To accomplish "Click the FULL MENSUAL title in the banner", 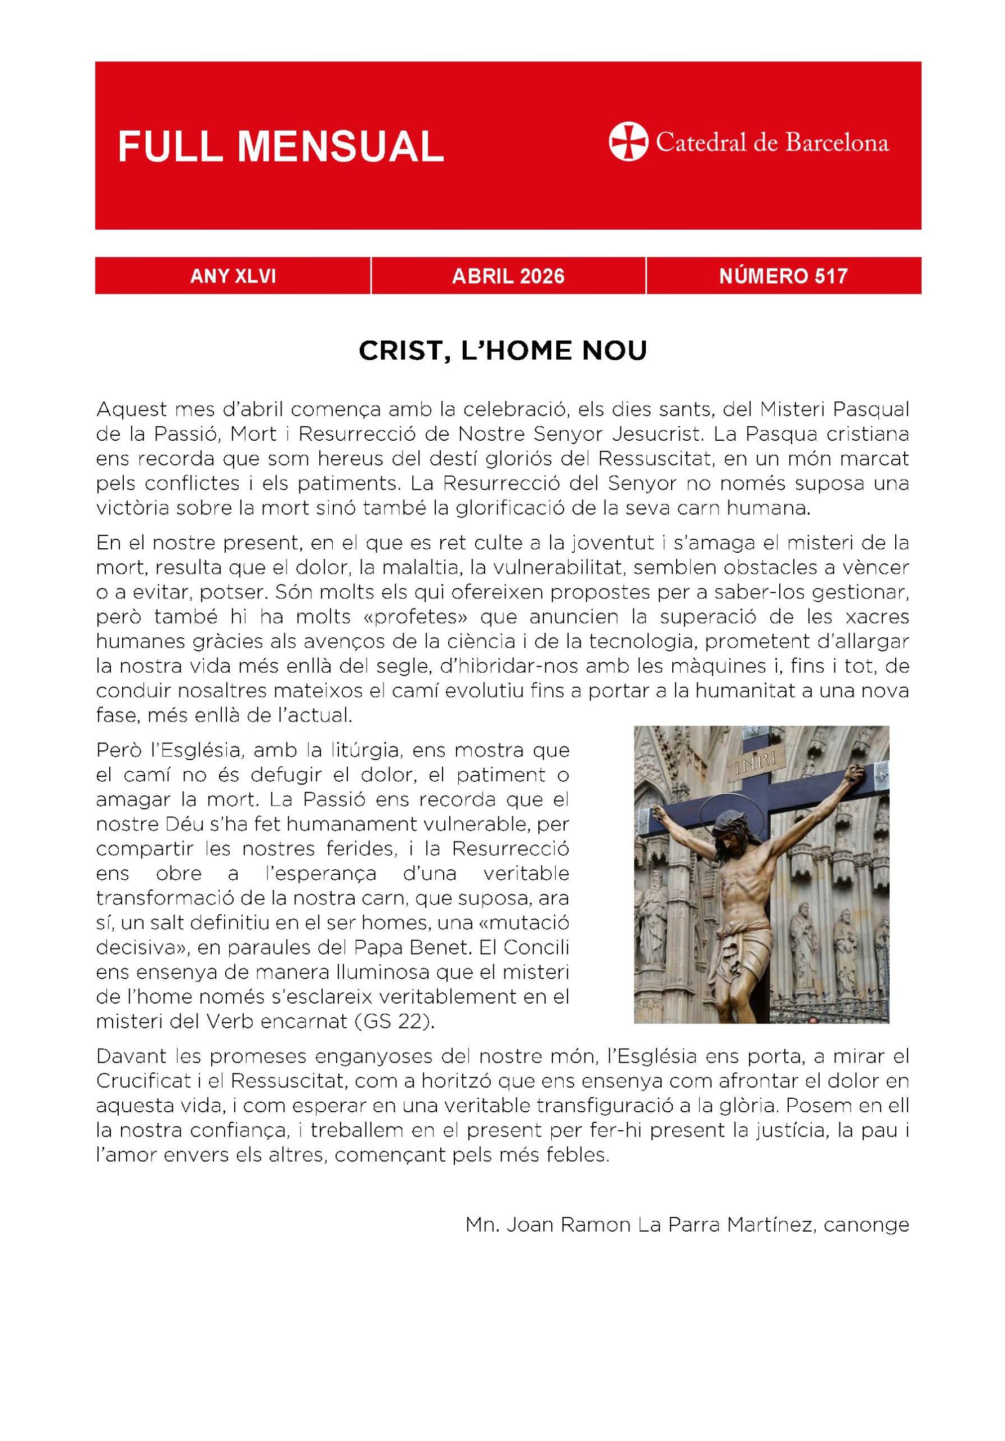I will (x=280, y=147).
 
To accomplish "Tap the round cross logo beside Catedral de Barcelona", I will (x=627, y=142).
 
